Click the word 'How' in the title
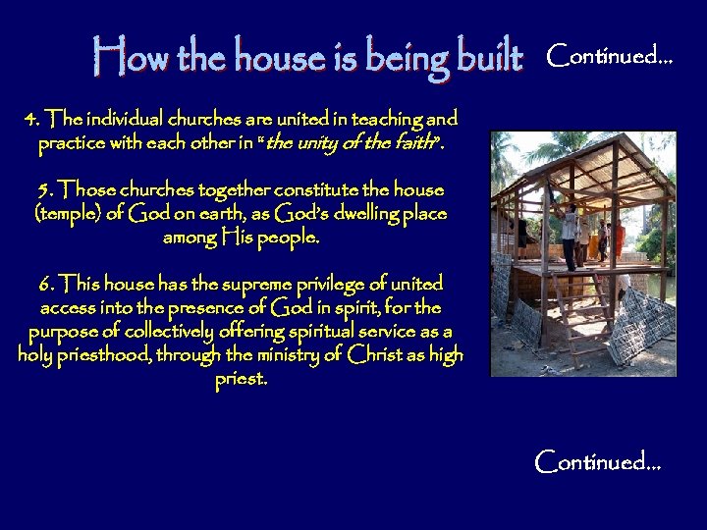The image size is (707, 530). [x=121, y=58]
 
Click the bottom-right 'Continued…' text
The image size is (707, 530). [x=598, y=460]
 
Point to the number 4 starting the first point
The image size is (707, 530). [x=31, y=121]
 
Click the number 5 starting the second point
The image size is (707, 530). [x=43, y=189]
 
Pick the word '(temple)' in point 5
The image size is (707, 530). [x=67, y=213]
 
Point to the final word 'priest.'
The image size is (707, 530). [x=241, y=378]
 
